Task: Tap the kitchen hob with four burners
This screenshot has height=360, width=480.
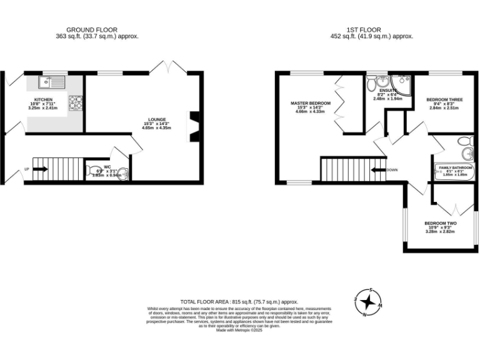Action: tap(76, 102)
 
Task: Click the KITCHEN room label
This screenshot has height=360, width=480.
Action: tap(43, 99)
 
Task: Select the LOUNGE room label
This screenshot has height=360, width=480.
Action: tap(156, 119)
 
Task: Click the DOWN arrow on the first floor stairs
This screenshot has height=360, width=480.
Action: tap(379, 169)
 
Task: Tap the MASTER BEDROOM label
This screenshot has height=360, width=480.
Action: tap(310, 102)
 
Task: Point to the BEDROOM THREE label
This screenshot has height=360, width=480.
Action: tap(444, 99)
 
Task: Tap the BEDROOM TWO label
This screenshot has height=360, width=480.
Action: tap(440, 223)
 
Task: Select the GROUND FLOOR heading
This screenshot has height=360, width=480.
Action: tap(92, 29)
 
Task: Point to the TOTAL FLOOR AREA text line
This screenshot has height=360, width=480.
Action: tap(239, 301)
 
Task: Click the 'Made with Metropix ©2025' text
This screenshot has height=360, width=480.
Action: tap(239, 330)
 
